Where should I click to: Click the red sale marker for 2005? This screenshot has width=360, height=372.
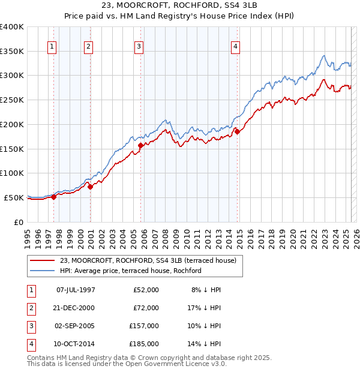(140, 145)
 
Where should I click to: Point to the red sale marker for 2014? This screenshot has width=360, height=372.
(237, 131)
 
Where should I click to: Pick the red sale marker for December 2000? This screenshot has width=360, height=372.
(91, 187)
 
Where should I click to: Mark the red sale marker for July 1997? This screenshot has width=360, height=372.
(54, 196)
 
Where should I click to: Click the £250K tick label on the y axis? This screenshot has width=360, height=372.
(12, 100)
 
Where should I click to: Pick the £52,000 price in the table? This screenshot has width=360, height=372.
(146, 290)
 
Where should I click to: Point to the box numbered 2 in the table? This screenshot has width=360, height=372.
(31, 308)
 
